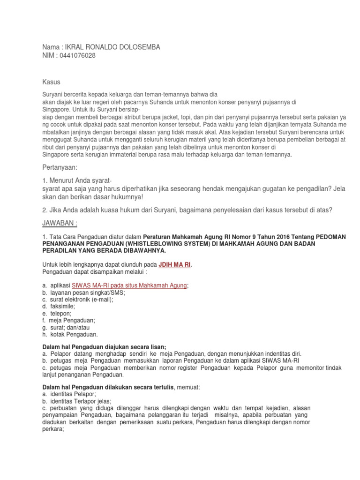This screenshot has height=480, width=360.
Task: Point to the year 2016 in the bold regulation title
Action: click(x=263, y=237)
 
